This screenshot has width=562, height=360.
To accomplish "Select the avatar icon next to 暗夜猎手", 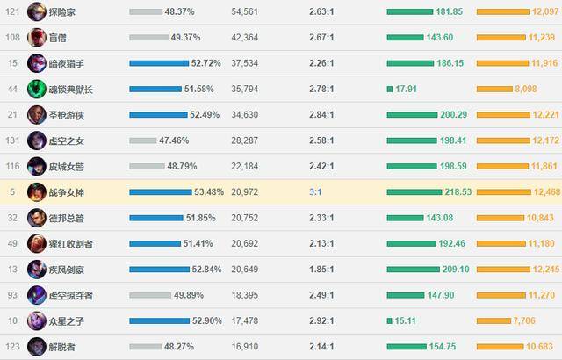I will pos(37,63).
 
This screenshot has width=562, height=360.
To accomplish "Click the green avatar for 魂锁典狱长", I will pos(37,89).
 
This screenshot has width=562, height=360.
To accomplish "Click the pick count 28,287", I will pos(245,140).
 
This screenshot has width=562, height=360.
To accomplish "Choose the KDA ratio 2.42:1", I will pos(321,165).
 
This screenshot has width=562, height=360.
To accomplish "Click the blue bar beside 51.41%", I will pos(157,242).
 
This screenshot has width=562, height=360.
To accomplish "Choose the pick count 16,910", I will pos(245,345).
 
